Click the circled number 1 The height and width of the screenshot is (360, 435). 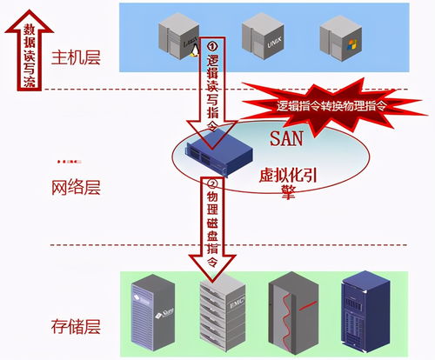[213, 45]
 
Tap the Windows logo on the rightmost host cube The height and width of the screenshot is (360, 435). [350, 43]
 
